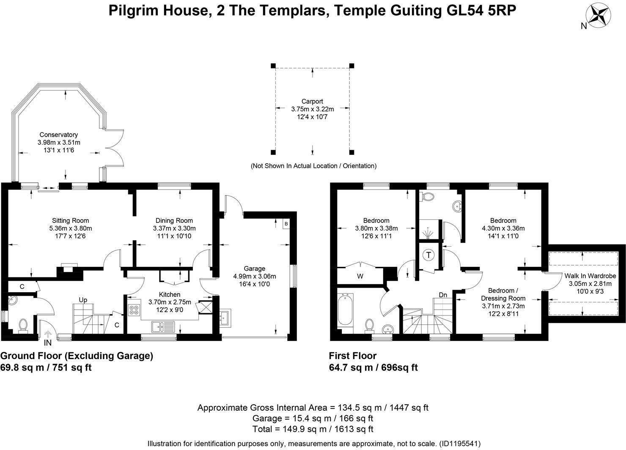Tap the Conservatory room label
point(59,134)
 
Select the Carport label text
point(312,102)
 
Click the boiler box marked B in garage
point(286,223)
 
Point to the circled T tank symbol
point(429,255)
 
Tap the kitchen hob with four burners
point(135,310)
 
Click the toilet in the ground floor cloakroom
point(23,325)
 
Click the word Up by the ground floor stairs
point(83,300)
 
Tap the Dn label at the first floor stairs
point(443,295)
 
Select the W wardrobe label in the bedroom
point(360,277)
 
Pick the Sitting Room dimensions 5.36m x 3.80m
point(71,228)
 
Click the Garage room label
point(255,269)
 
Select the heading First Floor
point(353,356)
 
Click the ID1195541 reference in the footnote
point(460,444)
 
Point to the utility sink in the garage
point(225,318)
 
